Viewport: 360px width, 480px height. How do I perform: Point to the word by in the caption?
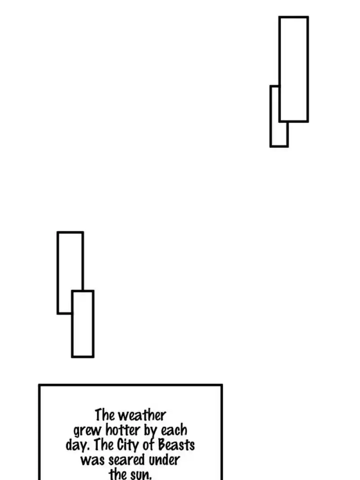pyautogui.click(x=151, y=431)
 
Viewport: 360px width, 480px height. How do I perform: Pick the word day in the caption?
pyautogui.click(x=74, y=446)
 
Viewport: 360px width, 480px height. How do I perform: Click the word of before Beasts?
pyautogui.click(x=150, y=445)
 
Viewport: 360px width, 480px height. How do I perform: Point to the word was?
pyautogui.click(x=92, y=460)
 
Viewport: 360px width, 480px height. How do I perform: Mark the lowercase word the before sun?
pyautogui.click(x=118, y=474)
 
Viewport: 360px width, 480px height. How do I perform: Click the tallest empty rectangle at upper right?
pyautogui.click(x=293, y=69)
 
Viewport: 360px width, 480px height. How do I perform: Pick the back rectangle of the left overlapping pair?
pyautogui.click(x=70, y=261)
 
